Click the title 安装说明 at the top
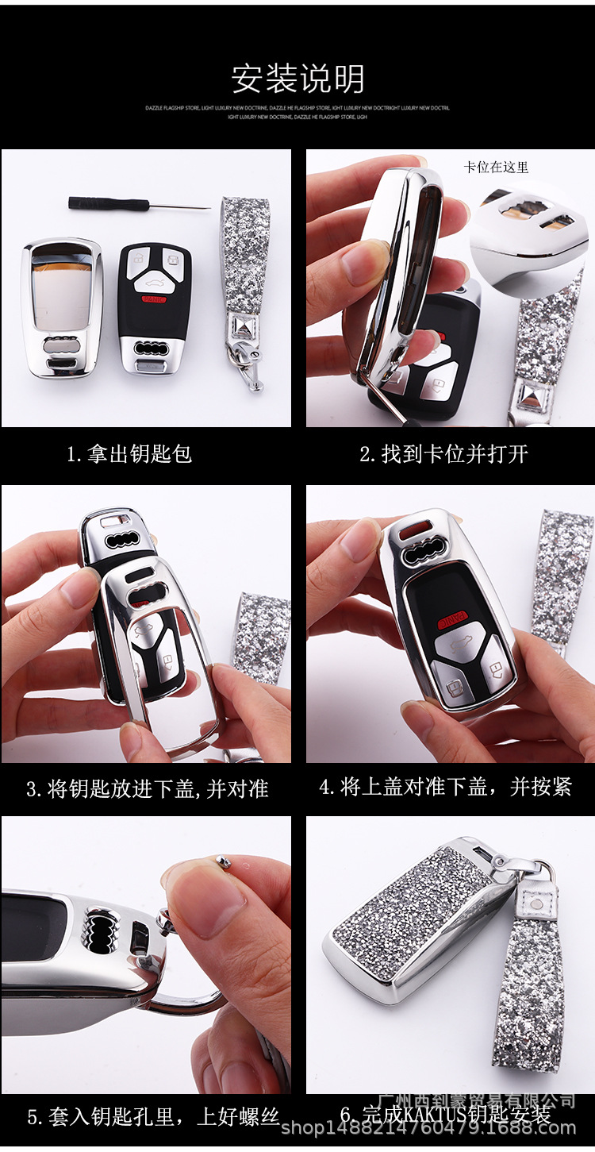click(297, 79)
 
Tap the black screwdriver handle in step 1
click(108, 203)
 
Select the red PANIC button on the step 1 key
click(155, 299)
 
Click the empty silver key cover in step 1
click(61, 307)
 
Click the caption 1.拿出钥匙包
click(129, 455)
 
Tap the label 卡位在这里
click(496, 168)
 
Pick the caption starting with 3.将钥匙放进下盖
click(147, 789)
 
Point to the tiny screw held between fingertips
click(224, 863)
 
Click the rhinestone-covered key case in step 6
click(413, 921)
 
